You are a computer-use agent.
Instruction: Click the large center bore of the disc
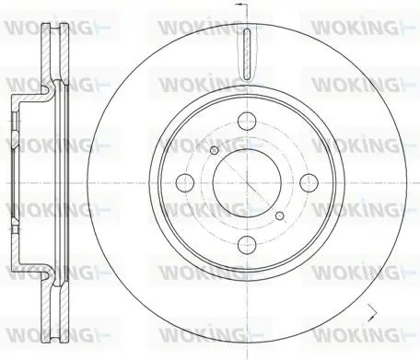click(247, 183)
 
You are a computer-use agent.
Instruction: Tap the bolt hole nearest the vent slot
click(247, 121)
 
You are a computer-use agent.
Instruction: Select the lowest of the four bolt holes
click(247, 245)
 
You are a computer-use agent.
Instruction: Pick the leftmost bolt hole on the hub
click(185, 183)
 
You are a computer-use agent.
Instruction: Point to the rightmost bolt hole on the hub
click(309, 183)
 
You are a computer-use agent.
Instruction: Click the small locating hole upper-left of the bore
click(215, 150)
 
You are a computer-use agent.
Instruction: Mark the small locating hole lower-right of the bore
click(279, 215)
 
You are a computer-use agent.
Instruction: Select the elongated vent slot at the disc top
click(247, 53)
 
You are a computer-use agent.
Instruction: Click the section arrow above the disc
click(241, 5)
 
